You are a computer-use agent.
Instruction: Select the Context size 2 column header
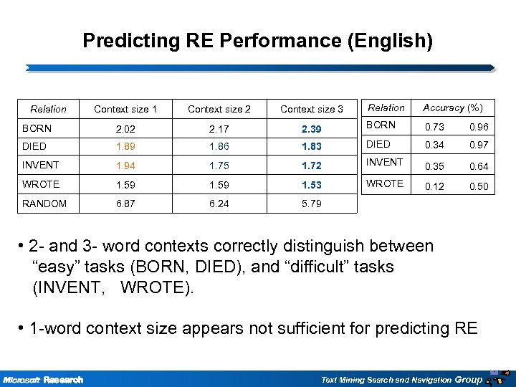tap(219, 110)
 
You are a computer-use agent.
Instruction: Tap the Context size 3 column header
tap(312, 110)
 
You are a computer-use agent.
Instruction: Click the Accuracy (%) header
tap(453, 107)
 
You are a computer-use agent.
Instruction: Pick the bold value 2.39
tap(312, 129)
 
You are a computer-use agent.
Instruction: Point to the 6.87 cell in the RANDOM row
tap(125, 204)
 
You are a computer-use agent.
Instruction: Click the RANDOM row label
tap(44, 204)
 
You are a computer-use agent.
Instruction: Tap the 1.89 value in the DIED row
tap(125, 147)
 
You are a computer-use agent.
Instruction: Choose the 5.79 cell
tap(312, 204)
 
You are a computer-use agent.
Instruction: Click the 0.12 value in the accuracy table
tap(433, 187)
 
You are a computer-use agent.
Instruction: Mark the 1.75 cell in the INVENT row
tap(219, 166)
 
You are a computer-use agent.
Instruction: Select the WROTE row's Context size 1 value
tap(125, 185)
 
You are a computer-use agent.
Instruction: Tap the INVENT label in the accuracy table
tap(386, 163)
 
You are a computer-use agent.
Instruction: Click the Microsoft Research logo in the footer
tap(43, 379)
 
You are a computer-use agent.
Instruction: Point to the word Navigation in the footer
tap(427, 380)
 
